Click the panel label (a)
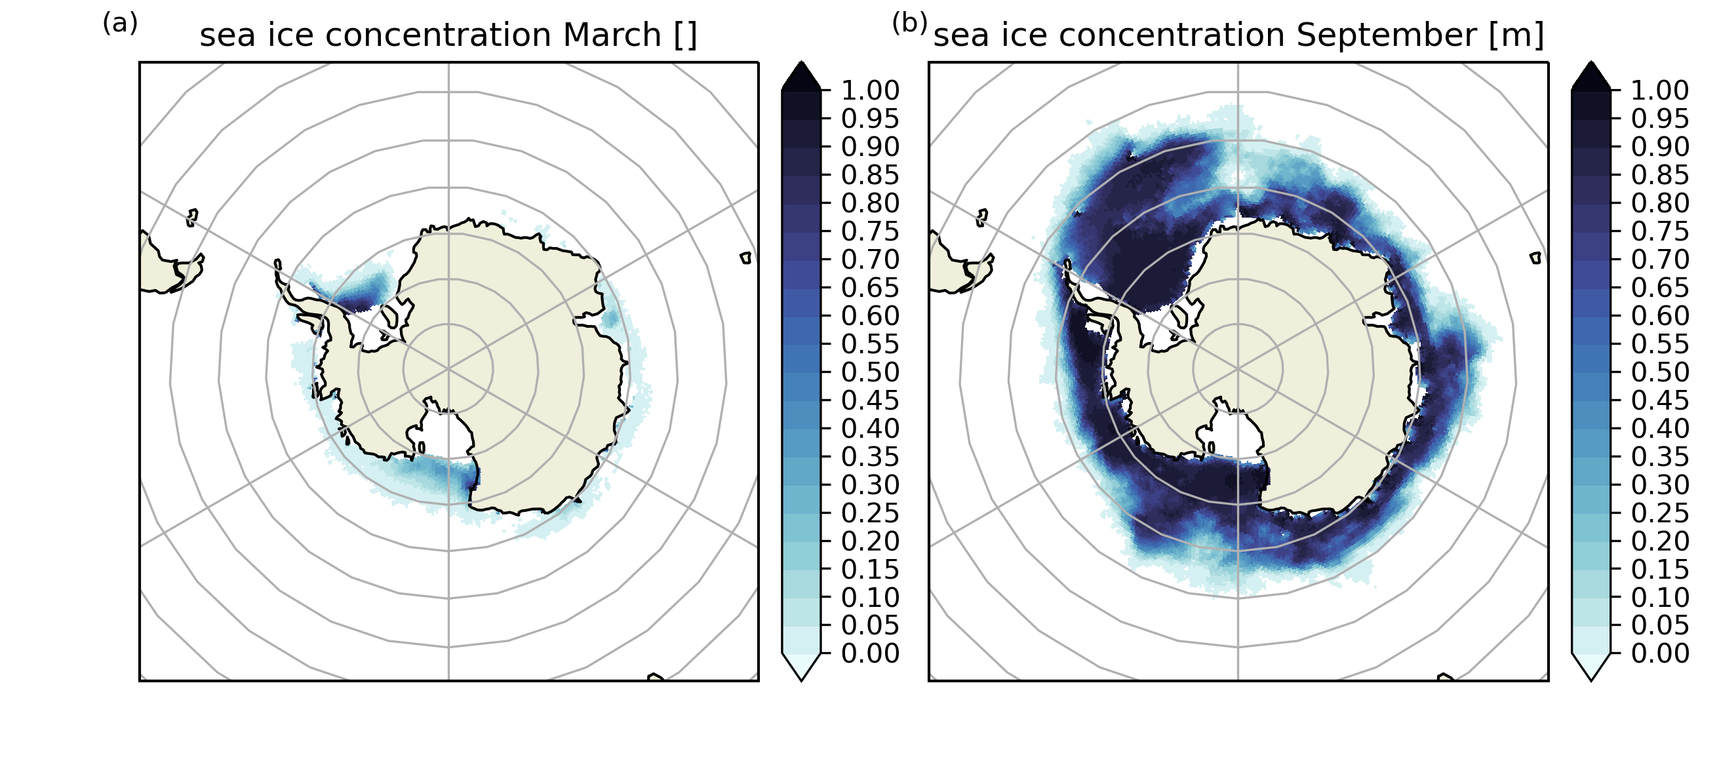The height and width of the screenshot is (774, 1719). point(120,24)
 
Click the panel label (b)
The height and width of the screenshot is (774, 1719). point(909,24)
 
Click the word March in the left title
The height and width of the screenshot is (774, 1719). point(612,35)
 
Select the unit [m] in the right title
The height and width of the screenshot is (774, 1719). point(1516,35)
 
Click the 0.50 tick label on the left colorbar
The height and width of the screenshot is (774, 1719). point(870,372)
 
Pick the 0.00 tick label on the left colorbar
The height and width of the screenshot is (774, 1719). point(870,653)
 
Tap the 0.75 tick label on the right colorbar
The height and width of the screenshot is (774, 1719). point(1660,231)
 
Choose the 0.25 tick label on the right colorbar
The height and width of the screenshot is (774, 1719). point(1660,513)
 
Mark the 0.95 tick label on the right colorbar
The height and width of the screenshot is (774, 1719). point(1660,118)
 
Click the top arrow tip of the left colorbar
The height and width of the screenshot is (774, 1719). point(801,62)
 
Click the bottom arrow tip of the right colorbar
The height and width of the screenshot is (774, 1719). point(1592,680)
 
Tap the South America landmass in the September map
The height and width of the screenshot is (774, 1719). point(956,264)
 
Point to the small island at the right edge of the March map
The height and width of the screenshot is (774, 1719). point(746,258)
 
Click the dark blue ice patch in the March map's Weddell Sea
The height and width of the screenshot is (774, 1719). point(364,294)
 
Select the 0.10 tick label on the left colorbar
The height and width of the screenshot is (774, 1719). point(870,596)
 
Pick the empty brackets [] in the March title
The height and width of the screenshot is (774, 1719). point(685,35)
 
